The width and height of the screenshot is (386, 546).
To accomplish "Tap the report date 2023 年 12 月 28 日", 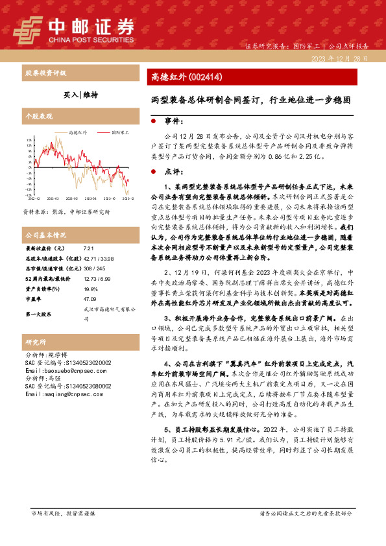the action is [340, 58].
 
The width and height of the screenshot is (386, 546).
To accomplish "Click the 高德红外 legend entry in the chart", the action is [77, 132].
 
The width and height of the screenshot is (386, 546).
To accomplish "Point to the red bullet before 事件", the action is [153, 121].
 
